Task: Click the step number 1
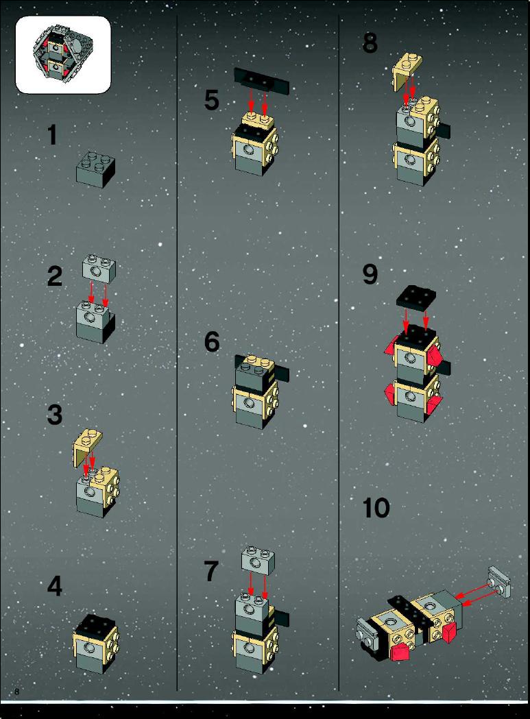coord(53,135)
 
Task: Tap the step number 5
coord(212,101)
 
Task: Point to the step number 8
coord(370,42)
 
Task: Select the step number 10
coord(376,508)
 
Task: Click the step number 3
coord(55,414)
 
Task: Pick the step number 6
coord(212,342)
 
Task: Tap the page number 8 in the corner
coord(17,692)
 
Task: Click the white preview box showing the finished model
coord(63,55)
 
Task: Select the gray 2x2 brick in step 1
coord(95,169)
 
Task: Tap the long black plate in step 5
coord(261,81)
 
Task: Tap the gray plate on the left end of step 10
coord(367,632)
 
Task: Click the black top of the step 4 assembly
coord(96,624)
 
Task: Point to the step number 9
coord(370,274)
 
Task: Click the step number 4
coord(55,586)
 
